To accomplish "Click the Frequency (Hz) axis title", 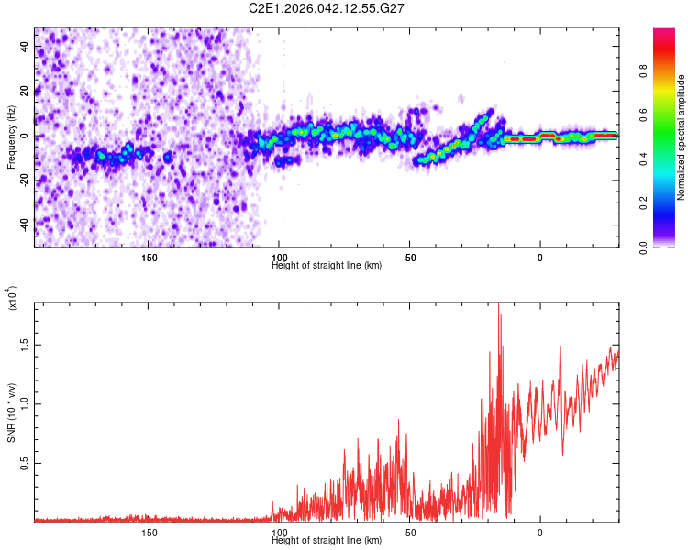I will point(11,137).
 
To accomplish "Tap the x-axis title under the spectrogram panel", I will point(327,266).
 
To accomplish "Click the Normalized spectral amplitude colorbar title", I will point(682,137).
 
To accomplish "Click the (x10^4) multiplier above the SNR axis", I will point(12,299).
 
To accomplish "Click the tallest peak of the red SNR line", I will point(499,305).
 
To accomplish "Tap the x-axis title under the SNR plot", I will point(327,540).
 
